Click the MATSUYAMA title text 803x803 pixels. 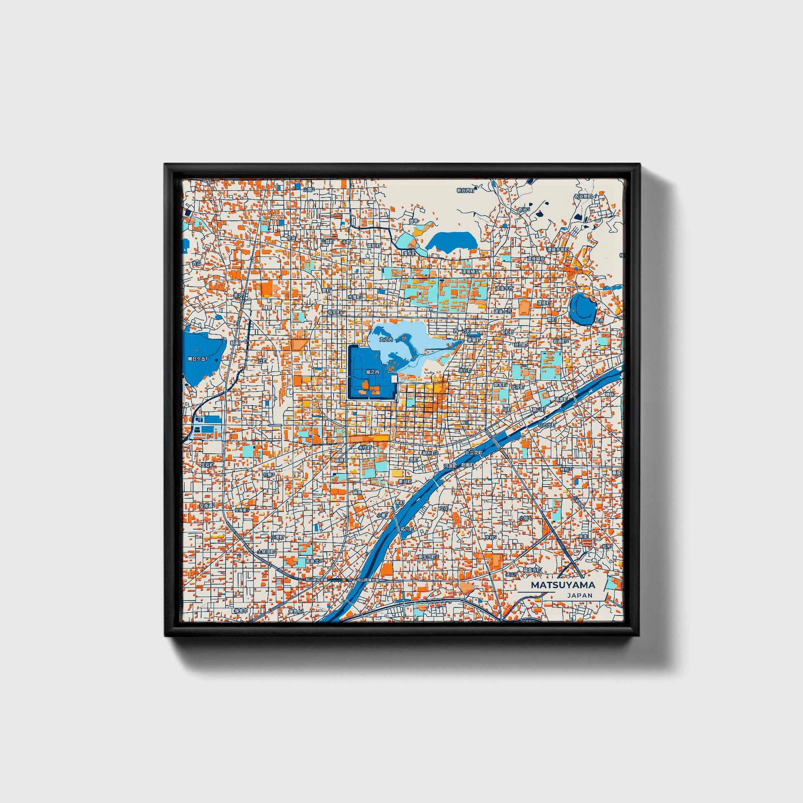563,585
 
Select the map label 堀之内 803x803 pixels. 372,372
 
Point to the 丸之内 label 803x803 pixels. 386,340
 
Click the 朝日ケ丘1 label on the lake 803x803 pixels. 197,359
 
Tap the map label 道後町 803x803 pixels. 543,303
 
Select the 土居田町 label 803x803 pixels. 266,552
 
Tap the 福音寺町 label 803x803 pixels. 532,570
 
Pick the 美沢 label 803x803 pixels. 238,296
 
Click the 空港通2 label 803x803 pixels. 207,506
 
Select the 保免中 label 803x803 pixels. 240,611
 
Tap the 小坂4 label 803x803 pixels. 525,518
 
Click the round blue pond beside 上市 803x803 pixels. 584,308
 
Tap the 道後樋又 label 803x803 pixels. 471,272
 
